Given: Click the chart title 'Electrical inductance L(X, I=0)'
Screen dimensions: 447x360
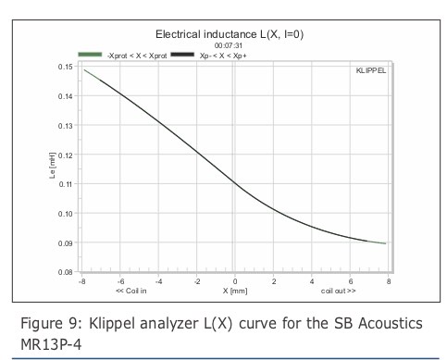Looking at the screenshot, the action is click(230, 34).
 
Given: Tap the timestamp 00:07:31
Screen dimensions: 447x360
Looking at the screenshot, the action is click(229, 45).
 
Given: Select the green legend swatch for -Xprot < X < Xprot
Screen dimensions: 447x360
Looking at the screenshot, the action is click(90, 55).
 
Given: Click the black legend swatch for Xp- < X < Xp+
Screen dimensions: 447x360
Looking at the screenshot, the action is click(182, 55).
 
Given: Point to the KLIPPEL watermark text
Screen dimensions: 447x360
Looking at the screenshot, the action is click(371, 70).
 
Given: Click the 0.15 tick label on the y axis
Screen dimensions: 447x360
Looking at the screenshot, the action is click(66, 67).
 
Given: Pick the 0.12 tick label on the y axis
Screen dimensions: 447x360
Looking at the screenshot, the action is click(66, 155).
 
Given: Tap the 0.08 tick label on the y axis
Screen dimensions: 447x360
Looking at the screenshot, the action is click(66, 272).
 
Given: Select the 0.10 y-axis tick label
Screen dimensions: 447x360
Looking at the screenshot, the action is click(66, 214).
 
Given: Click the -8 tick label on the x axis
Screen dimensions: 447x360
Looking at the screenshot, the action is click(81, 281).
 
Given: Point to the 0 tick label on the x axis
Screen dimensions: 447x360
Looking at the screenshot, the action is click(235, 281).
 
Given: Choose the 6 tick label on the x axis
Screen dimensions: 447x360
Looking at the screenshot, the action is click(351, 281).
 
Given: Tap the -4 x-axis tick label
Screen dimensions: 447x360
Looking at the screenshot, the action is click(158, 281).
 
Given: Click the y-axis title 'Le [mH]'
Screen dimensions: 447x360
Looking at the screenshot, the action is click(52, 165).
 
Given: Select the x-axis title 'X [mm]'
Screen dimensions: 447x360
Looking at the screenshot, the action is click(235, 291).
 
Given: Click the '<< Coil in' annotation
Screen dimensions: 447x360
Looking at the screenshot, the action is click(131, 291).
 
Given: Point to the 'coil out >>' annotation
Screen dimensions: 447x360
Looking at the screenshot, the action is click(338, 291).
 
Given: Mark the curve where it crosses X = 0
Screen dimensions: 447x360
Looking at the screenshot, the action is click(235, 183).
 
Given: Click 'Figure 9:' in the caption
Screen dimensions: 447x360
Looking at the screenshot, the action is click(52, 324).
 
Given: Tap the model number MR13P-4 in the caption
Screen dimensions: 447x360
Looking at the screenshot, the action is click(51, 344).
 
